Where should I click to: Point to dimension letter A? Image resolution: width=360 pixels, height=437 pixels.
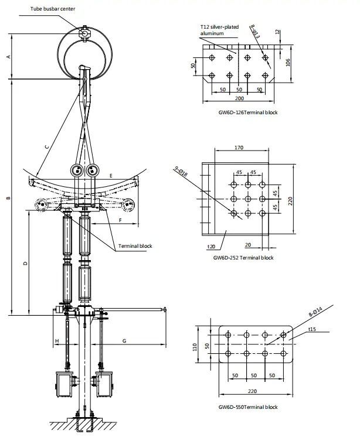(x=8, y=56)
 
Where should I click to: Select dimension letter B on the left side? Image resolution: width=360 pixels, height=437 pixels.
(x=8, y=199)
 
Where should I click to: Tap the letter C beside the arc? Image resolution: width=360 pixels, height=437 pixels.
(x=46, y=147)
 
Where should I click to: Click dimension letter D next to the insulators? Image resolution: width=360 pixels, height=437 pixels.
(x=25, y=264)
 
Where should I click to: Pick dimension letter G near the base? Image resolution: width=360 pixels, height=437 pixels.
(x=125, y=340)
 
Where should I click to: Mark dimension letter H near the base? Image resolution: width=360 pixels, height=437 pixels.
(x=57, y=340)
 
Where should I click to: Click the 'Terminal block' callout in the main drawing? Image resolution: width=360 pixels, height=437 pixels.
(x=135, y=246)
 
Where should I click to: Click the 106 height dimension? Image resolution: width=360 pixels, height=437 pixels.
(x=287, y=63)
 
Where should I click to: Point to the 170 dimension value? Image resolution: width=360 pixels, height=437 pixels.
(x=239, y=148)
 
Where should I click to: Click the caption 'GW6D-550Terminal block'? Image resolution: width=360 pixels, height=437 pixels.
(x=248, y=407)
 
